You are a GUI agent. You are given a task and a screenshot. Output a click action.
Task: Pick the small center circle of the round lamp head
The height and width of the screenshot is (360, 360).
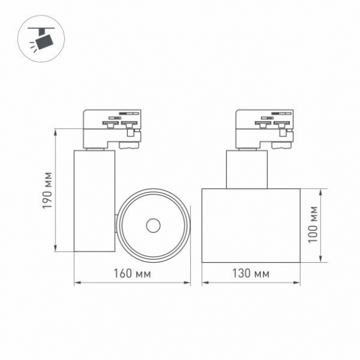coord(152,226)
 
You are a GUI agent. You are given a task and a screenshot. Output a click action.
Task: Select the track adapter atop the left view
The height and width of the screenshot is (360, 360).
coord(112,128)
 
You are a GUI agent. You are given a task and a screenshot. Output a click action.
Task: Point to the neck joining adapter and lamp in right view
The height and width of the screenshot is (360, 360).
coord(247,169)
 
